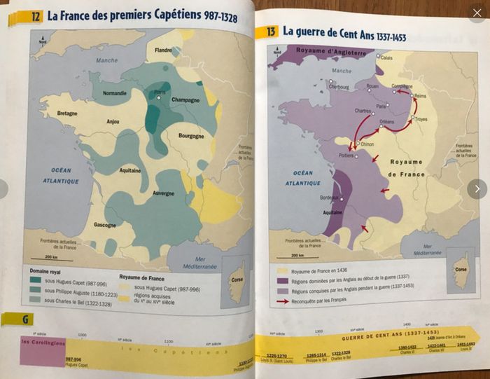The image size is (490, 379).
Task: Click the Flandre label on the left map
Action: click(x=163, y=50)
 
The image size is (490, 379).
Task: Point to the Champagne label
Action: click(x=185, y=100)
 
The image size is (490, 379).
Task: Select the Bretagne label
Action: click(x=67, y=113)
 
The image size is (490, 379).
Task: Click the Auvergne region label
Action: click(x=163, y=193)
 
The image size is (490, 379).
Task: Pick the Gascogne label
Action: click(x=106, y=225)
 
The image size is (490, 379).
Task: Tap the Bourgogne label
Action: click(x=190, y=136)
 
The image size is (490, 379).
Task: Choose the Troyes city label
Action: click(x=421, y=119)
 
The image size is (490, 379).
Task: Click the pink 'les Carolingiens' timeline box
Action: click(x=43, y=349)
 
